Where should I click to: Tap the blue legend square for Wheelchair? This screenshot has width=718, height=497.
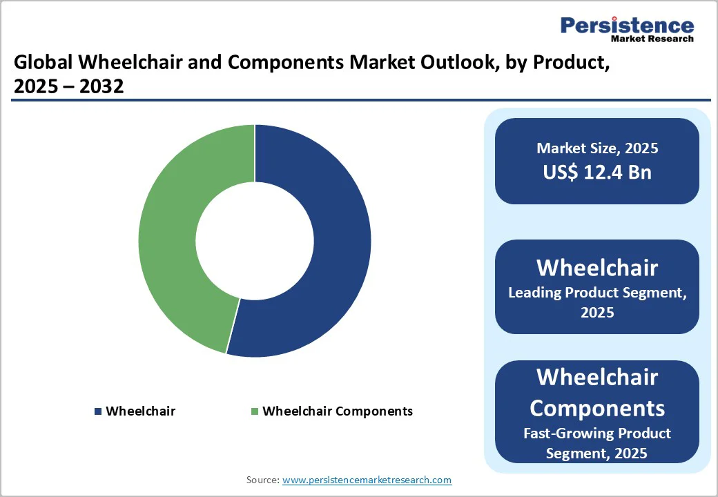pyautogui.click(x=98, y=411)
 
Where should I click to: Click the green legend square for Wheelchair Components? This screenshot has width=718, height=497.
pyautogui.click(x=255, y=411)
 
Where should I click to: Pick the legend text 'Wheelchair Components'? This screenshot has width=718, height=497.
pyautogui.click(x=338, y=411)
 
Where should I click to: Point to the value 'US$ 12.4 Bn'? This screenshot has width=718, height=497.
pyautogui.click(x=597, y=172)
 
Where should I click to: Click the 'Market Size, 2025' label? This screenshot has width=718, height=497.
pyautogui.click(x=597, y=148)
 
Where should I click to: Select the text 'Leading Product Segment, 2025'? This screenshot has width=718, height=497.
pyautogui.click(x=597, y=302)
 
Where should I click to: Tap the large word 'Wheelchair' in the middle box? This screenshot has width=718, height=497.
pyautogui.click(x=597, y=267)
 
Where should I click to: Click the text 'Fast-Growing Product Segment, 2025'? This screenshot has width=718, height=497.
pyautogui.click(x=597, y=443)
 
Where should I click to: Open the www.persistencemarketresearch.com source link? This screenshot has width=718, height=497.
pyautogui.click(x=367, y=480)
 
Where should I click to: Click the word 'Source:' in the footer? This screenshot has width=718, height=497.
pyautogui.click(x=262, y=480)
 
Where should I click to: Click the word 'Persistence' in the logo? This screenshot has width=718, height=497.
pyautogui.click(x=627, y=26)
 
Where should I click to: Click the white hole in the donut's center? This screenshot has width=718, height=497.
pyautogui.click(x=254, y=241)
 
